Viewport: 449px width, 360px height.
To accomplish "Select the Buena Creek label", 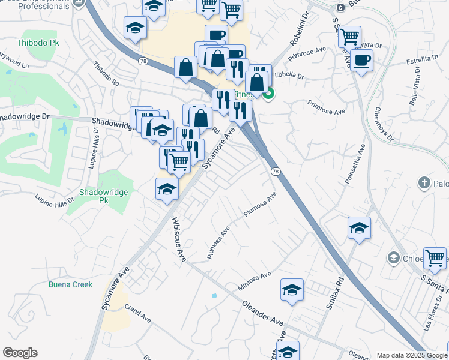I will click(71, 284).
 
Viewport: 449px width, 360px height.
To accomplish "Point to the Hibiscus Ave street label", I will click(178, 238).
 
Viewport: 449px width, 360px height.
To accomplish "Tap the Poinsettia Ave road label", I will click(355, 166).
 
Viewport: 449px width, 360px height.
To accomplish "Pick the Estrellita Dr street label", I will click(423, 59).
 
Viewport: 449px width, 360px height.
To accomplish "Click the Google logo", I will click(20, 353).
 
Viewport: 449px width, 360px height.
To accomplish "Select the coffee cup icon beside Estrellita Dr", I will click(361, 61).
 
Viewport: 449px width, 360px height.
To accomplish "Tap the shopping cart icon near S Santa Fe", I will click(435, 258).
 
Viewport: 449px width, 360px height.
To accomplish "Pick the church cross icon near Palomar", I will click(424, 182).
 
